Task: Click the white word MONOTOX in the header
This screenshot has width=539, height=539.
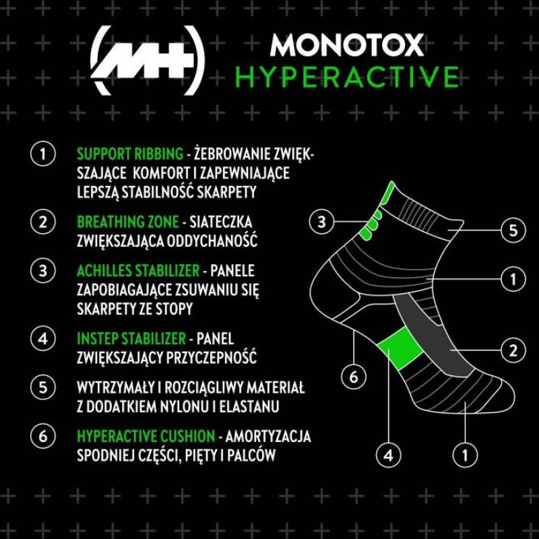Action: pos(346,44)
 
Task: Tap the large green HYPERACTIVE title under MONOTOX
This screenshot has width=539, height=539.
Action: pos(347,77)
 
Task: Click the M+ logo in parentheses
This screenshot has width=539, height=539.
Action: pos(147,61)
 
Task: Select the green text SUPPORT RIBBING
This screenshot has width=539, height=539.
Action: pos(130,154)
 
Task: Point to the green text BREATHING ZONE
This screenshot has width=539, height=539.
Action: pos(128,222)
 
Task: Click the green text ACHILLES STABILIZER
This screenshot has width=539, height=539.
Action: pos(138,271)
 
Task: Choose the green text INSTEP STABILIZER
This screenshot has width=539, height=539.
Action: pos(131,339)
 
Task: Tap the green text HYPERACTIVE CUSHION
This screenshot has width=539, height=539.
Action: pos(146,436)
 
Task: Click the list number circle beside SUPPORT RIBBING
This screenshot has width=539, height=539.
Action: pos(43,154)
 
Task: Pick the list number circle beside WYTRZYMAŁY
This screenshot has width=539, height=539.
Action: pos(43,387)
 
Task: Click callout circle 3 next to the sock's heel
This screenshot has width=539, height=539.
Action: pos(321,222)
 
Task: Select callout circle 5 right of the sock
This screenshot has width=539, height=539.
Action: pos(513,230)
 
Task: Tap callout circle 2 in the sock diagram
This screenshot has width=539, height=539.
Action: pos(513,350)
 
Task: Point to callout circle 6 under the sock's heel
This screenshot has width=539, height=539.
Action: pos(354,377)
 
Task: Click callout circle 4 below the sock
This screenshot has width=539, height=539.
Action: pos(389,456)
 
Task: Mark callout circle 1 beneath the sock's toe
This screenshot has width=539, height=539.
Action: pos(465,456)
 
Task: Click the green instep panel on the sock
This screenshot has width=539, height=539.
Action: pos(400,348)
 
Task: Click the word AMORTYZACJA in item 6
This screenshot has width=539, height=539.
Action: pos(268,436)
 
